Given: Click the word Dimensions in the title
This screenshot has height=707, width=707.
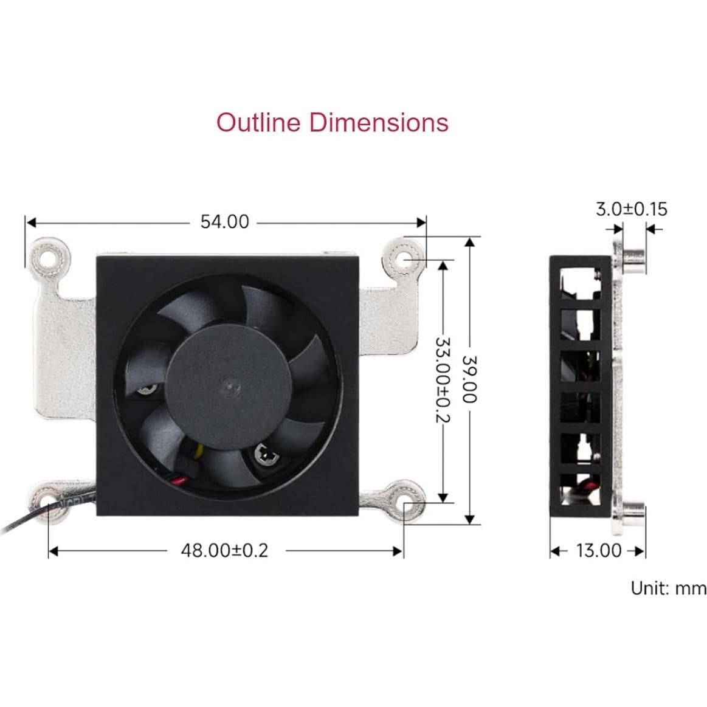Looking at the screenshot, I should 378,122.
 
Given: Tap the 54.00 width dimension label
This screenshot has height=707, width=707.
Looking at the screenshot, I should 224,222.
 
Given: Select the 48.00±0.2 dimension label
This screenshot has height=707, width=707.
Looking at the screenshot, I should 224,550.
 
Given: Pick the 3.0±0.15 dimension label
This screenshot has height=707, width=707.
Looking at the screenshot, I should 630,209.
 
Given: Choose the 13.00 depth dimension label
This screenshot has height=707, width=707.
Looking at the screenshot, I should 598,551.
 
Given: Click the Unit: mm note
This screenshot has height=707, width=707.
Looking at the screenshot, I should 667,588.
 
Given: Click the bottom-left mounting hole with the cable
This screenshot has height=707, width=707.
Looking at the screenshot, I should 48,502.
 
